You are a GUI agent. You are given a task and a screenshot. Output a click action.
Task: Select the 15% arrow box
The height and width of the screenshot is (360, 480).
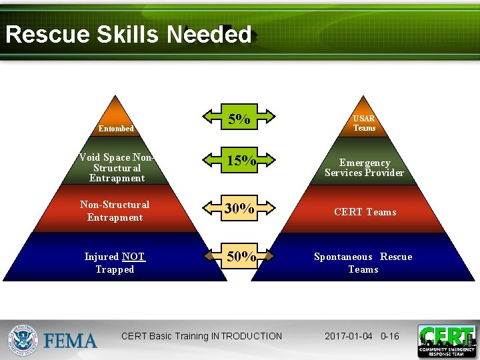coord(240,161)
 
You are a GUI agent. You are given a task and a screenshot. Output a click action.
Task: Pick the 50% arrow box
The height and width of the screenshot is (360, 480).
coord(240,257)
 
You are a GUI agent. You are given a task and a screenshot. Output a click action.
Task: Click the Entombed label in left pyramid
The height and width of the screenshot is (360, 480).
coord(116,129)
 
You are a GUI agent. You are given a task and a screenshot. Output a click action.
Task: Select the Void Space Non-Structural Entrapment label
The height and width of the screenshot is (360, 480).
coord(117,168)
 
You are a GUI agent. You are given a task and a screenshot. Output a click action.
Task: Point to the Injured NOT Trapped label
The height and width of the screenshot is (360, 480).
coord(115,263)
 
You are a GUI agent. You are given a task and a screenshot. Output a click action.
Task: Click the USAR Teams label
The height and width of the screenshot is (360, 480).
coord(364,123)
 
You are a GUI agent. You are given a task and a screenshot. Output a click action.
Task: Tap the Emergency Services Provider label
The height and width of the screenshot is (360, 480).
coord(364,168)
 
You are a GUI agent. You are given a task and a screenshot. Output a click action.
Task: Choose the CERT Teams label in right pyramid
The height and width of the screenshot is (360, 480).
coord(365,212)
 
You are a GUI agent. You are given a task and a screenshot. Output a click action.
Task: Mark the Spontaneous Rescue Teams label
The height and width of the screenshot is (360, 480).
coord(363,263)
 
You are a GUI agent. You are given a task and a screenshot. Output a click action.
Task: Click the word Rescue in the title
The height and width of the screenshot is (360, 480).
coord(47,35)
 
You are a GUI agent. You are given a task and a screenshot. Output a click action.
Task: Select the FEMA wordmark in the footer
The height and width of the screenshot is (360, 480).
coord(71,341)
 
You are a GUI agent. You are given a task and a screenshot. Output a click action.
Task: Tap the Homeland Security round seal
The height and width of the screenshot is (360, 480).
coord(24,340)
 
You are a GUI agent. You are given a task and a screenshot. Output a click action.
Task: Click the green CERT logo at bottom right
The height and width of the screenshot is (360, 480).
coord(446,340)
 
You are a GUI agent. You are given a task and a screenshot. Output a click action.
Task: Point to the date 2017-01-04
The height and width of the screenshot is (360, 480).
coord(349,336)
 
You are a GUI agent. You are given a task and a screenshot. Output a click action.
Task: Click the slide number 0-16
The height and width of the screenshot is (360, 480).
coord(389,336)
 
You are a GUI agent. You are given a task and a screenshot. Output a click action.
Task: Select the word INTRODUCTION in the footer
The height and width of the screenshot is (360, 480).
coord(246,336)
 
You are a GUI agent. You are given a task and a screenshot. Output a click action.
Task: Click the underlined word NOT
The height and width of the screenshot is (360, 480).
coord(133,257)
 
